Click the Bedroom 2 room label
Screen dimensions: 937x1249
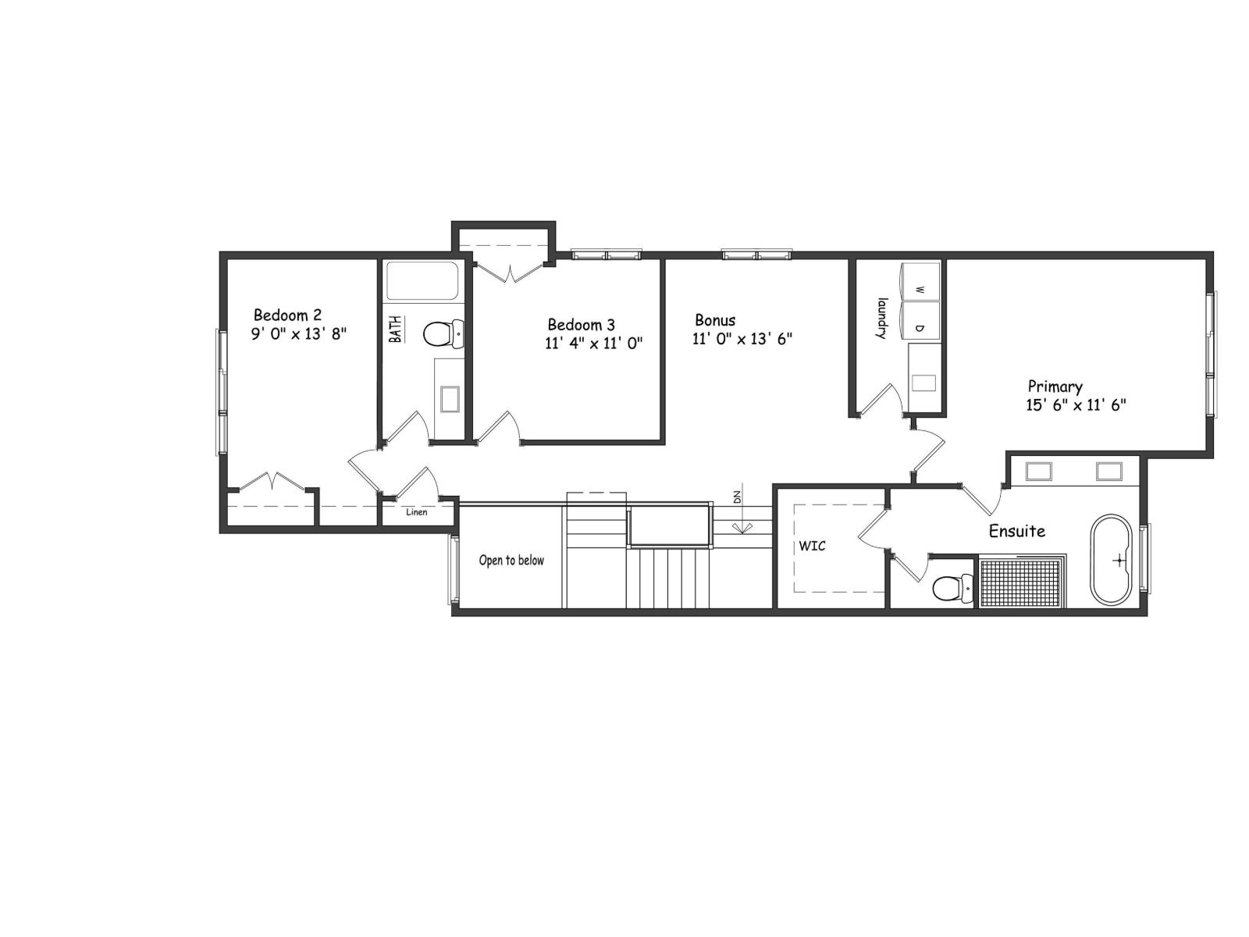coord(287,315)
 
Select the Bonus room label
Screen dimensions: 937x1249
coord(715,320)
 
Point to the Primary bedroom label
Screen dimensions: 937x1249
coord(1055,387)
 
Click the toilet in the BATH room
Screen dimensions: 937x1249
coord(442,335)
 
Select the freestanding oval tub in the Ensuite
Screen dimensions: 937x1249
coord(1111,559)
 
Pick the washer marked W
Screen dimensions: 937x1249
coord(920,290)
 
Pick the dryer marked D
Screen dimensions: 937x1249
coord(920,328)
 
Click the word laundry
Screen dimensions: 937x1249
coord(882,318)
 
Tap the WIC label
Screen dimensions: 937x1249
coord(812,546)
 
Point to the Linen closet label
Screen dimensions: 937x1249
coord(416,512)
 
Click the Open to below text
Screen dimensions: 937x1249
coord(511,560)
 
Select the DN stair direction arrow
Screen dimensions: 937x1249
coord(738,515)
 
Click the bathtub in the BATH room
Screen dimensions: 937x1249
coord(422,281)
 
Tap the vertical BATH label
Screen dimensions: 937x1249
coord(397,329)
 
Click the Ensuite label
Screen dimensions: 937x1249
coord(1016,531)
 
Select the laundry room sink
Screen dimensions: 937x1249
coord(924,383)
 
